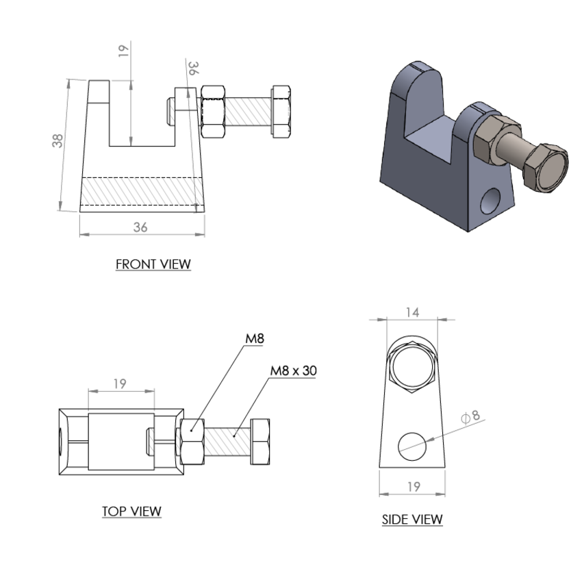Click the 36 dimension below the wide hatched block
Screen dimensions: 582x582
coord(140,228)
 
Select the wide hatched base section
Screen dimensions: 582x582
coord(142,191)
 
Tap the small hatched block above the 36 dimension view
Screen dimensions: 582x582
coord(248,111)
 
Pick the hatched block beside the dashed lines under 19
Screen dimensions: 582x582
coord(227,442)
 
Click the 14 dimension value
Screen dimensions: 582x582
coord(412,312)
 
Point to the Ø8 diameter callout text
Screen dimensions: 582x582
coord(472,416)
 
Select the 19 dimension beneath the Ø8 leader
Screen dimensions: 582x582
coord(414,487)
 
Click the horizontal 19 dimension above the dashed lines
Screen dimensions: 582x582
coord(120,384)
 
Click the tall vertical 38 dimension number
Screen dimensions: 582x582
coord(60,140)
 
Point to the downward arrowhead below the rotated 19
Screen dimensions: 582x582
coord(130,141)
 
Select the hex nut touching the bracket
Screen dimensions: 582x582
coord(490,142)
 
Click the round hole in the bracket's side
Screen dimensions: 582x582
coord(490,201)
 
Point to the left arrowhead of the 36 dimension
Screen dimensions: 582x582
coord(83,234)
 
